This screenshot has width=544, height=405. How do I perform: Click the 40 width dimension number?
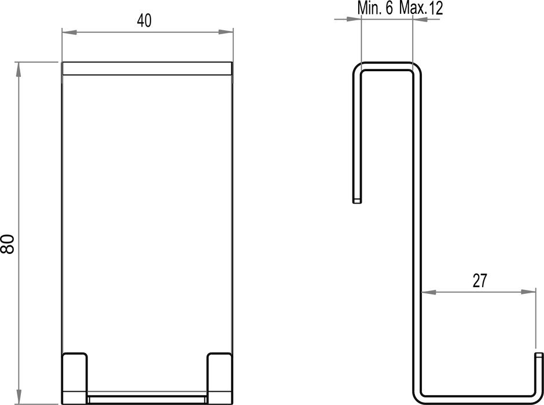[144, 21]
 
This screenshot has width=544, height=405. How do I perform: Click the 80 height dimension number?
[8, 243]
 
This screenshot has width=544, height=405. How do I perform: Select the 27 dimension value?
[479, 281]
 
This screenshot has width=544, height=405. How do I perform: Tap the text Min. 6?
[376, 8]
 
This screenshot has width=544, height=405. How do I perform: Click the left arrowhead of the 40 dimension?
[67, 32]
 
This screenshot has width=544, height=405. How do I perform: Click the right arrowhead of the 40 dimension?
[229, 32]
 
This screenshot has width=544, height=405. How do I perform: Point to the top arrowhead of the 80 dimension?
[19, 67]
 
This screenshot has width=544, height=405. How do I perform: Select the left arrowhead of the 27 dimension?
[427, 293]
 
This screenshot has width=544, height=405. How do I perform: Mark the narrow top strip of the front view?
[147, 68]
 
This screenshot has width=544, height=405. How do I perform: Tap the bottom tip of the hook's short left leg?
[356, 200]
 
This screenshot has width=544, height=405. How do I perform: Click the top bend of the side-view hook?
[388, 65]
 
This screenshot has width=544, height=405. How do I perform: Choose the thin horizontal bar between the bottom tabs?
[147, 399]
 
